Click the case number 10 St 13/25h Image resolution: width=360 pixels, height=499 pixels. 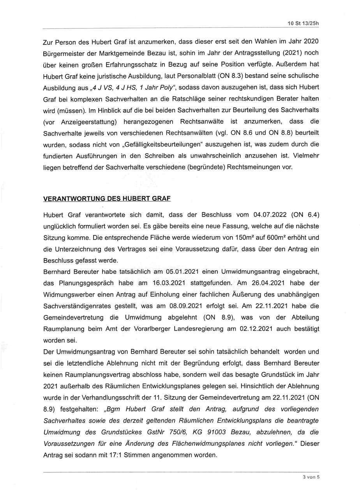[x=303, y=23]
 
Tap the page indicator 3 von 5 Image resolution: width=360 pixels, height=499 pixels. [x=311, y=476]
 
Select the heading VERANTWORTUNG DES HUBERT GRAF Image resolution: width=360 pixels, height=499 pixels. [x=107, y=198]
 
